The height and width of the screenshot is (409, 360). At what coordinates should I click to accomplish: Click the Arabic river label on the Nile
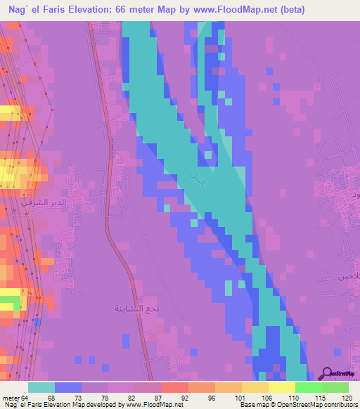click(x=199, y=180)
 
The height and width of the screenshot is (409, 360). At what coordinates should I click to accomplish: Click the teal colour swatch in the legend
click(x=41, y=387)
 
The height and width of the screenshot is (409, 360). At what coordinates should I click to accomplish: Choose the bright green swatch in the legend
click(x=308, y=387)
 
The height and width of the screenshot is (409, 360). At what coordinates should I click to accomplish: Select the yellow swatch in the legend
click(x=281, y=387)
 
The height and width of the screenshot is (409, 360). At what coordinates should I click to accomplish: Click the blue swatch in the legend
click(x=67, y=387)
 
